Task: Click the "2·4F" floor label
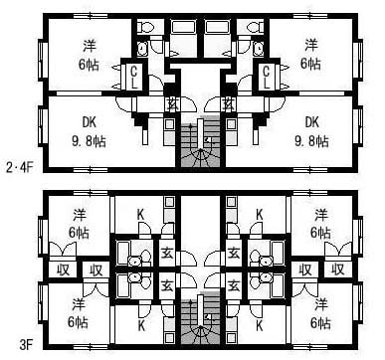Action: pyautogui.click(x=20, y=167)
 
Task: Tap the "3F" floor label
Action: pyautogui.click(x=26, y=345)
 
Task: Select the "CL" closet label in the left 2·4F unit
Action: pyautogui.click(x=134, y=78)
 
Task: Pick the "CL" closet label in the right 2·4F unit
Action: pyautogui.click(x=267, y=78)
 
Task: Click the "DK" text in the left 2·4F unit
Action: pyautogui.click(x=90, y=122)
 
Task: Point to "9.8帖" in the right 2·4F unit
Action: pyautogui.click(x=311, y=141)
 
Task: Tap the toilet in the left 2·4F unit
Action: pyautogui.click(x=145, y=27)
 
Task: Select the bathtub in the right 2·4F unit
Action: pyautogui.click(x=215, y=27)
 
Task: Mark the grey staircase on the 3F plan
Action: pyautogui.click(x=200, y=319)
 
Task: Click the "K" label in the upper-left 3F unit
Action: pyautogui.click(x=141, y=215)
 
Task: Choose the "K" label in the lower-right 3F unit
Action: pyautogui.click(x=260, y=325)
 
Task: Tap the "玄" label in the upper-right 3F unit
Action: pyautogui.click(x=234, y=254)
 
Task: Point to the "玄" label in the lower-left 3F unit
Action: pyautogui.click(x=167, y=284)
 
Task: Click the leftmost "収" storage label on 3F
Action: pyautogui.click(x=63, y=270)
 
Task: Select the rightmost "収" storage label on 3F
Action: pyautogui.click(x=338, y=270)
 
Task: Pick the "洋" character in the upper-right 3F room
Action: pyautogui.click(x=320, y=215)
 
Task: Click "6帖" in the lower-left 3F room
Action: pyautogui.click(x=79, y=322)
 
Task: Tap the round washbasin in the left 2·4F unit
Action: pyautogui.click(x=143, y=49)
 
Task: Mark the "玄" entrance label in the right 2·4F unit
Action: pyautogui.click(x=228, y=104)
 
